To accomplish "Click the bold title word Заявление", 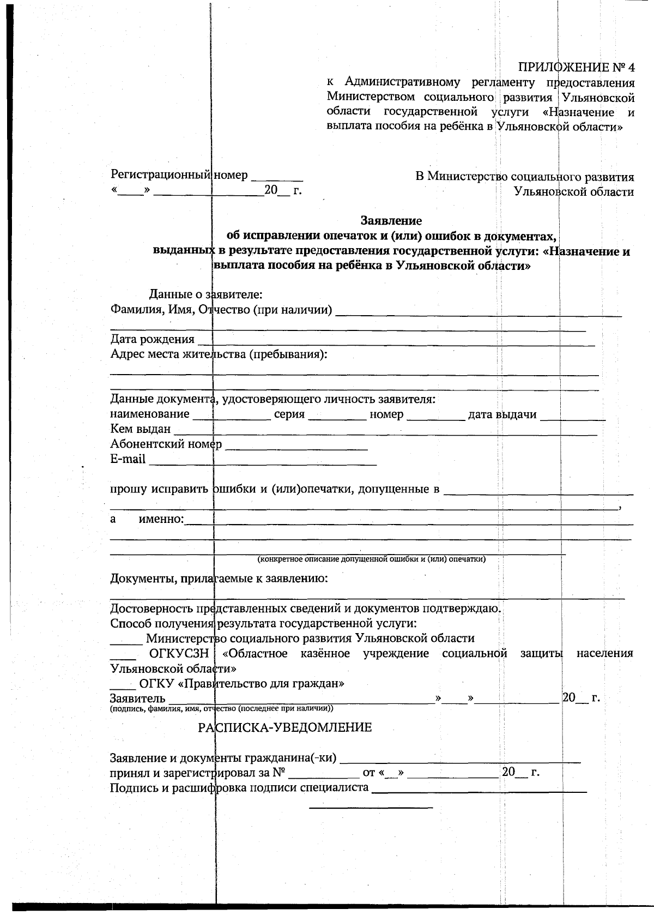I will point(391,221).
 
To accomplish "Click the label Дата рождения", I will point(152,339).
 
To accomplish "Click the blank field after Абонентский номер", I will point(296,445).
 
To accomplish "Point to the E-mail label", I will point(128,459).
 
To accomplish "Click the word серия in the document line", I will point(289,414).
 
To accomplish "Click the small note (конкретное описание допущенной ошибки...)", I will point(371,559).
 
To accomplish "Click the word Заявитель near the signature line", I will point(137,699).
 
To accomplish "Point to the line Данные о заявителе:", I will point(206,295).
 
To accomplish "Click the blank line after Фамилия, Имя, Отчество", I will point(479,312).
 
